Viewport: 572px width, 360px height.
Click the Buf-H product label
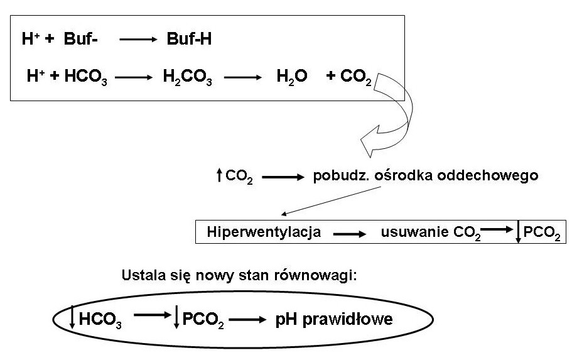click(x=189, y=40)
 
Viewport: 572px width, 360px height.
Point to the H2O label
click(x=292, y=77)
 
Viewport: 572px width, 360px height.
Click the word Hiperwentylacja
click(x=264, y=232)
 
